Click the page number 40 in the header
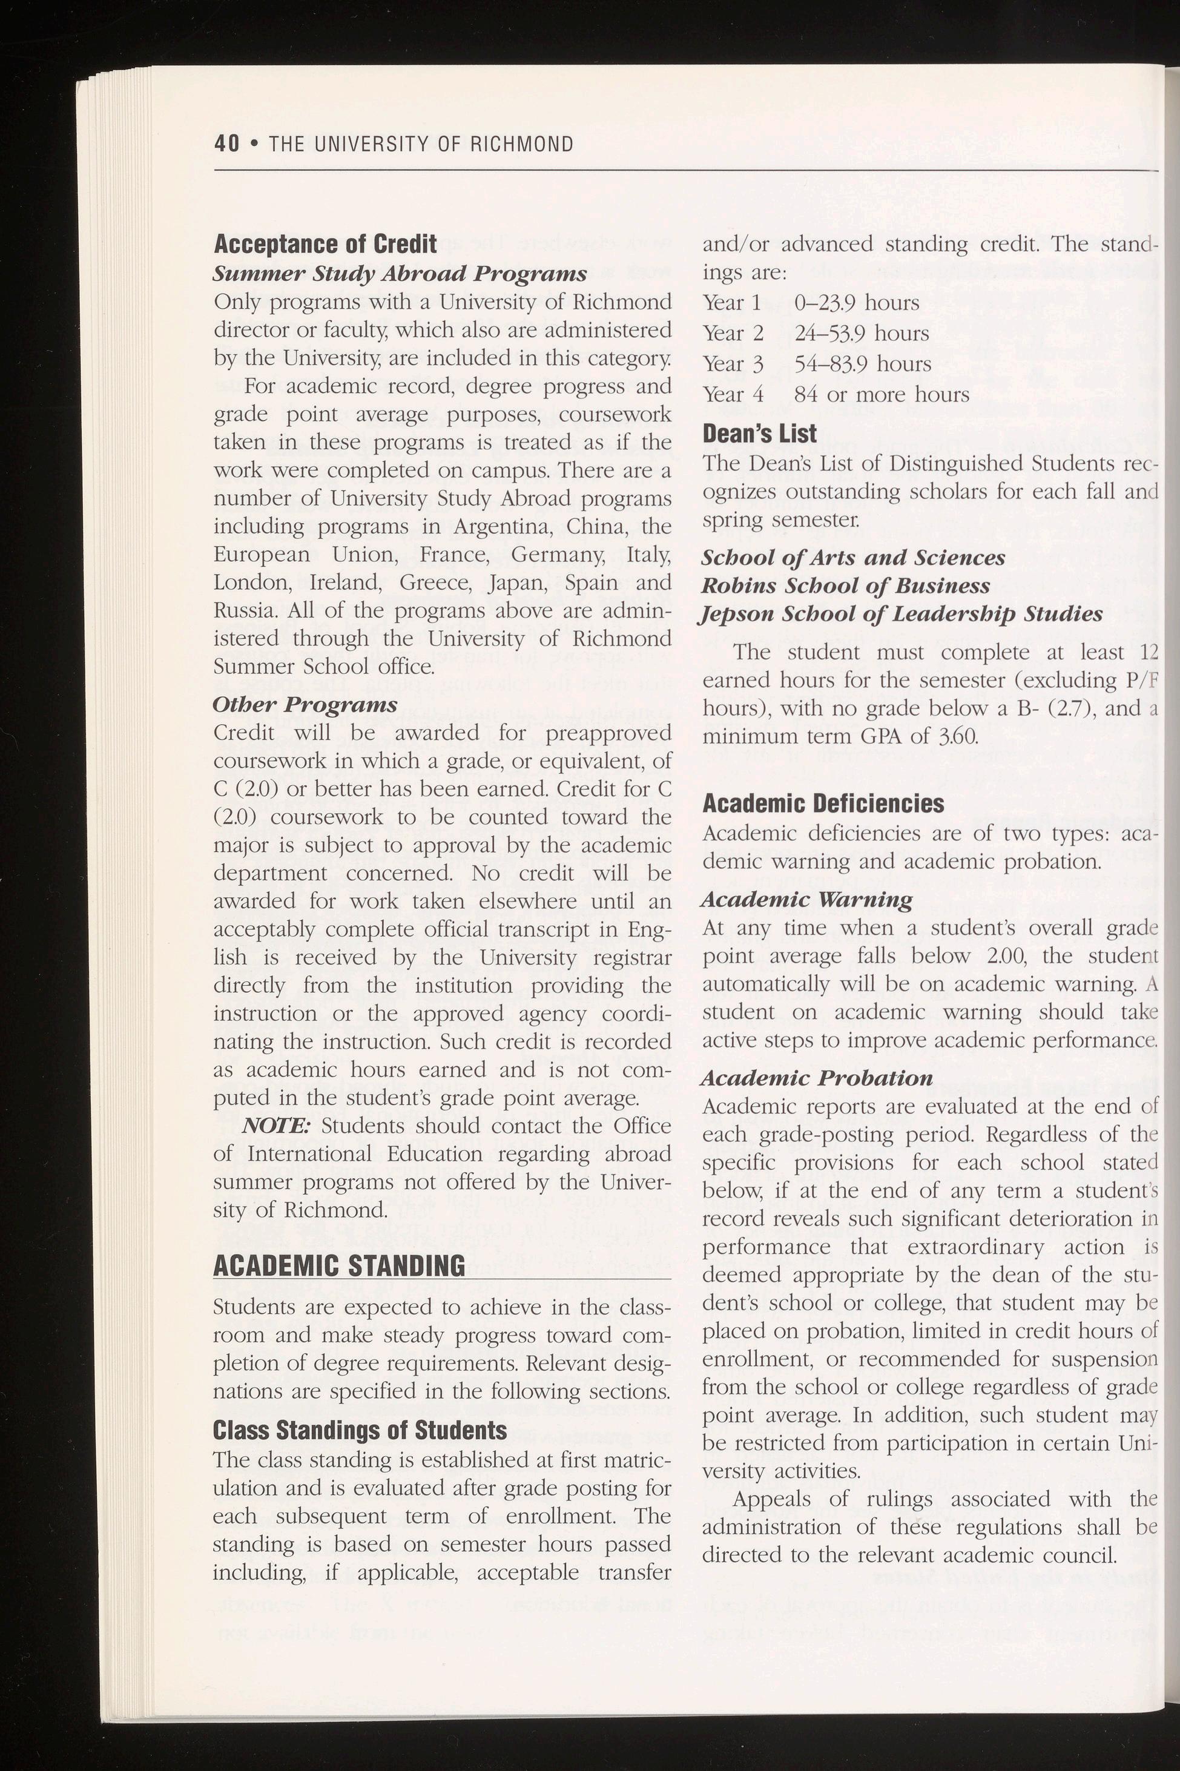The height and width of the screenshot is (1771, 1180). (x=226, y=143)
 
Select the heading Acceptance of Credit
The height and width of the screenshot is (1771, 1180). (x=325, y=244)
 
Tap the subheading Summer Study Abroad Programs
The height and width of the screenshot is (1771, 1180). (x=400, y=273)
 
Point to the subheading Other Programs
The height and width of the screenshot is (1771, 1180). (x=305, y=705)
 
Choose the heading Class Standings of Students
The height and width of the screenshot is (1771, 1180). (x=360, y=1430)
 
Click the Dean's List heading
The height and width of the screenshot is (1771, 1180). (x=759, y=434)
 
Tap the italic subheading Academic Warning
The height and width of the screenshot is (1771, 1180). (x=806, y=899)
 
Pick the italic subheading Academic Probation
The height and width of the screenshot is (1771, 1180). (x=817, y=1078)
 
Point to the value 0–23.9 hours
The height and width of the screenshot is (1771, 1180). (x=857, y=303)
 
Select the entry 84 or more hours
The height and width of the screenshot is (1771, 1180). (x=882, y=394)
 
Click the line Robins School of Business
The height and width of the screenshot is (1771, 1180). (x=845, y=585)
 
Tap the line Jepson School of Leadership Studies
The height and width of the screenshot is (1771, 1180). (x=901, y=614)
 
